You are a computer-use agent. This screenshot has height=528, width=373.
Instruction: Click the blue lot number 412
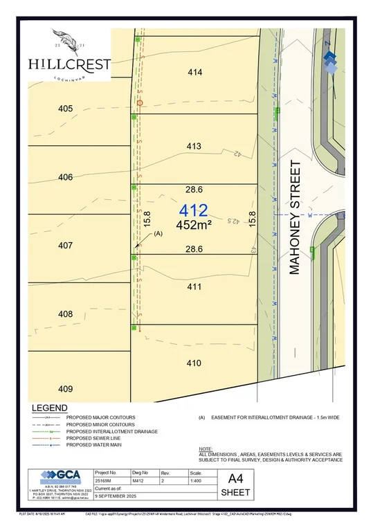pos(194,210)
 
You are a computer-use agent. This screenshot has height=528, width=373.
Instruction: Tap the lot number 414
pos(194,72)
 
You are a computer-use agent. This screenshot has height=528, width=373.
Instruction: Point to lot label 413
pos(194,146)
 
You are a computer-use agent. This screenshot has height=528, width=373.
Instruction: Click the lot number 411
pos(194,286)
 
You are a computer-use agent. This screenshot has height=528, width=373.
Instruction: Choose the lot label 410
pos(194,363)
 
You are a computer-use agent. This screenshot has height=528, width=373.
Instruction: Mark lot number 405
pos(66,109)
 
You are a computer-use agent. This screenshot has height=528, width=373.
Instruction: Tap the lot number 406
pos(66,177)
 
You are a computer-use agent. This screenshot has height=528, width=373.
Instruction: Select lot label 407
pos(66,246)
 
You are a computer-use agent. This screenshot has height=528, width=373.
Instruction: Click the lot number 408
pos(66,314)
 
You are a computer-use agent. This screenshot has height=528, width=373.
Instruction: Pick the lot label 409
pos(66,388)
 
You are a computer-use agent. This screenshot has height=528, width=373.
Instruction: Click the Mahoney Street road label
pos(295,217)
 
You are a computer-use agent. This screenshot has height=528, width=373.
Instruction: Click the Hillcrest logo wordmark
pos(69,64)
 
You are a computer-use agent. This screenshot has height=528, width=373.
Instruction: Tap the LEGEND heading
pos(48,408)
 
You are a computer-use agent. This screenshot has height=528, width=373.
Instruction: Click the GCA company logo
pos(60,477)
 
